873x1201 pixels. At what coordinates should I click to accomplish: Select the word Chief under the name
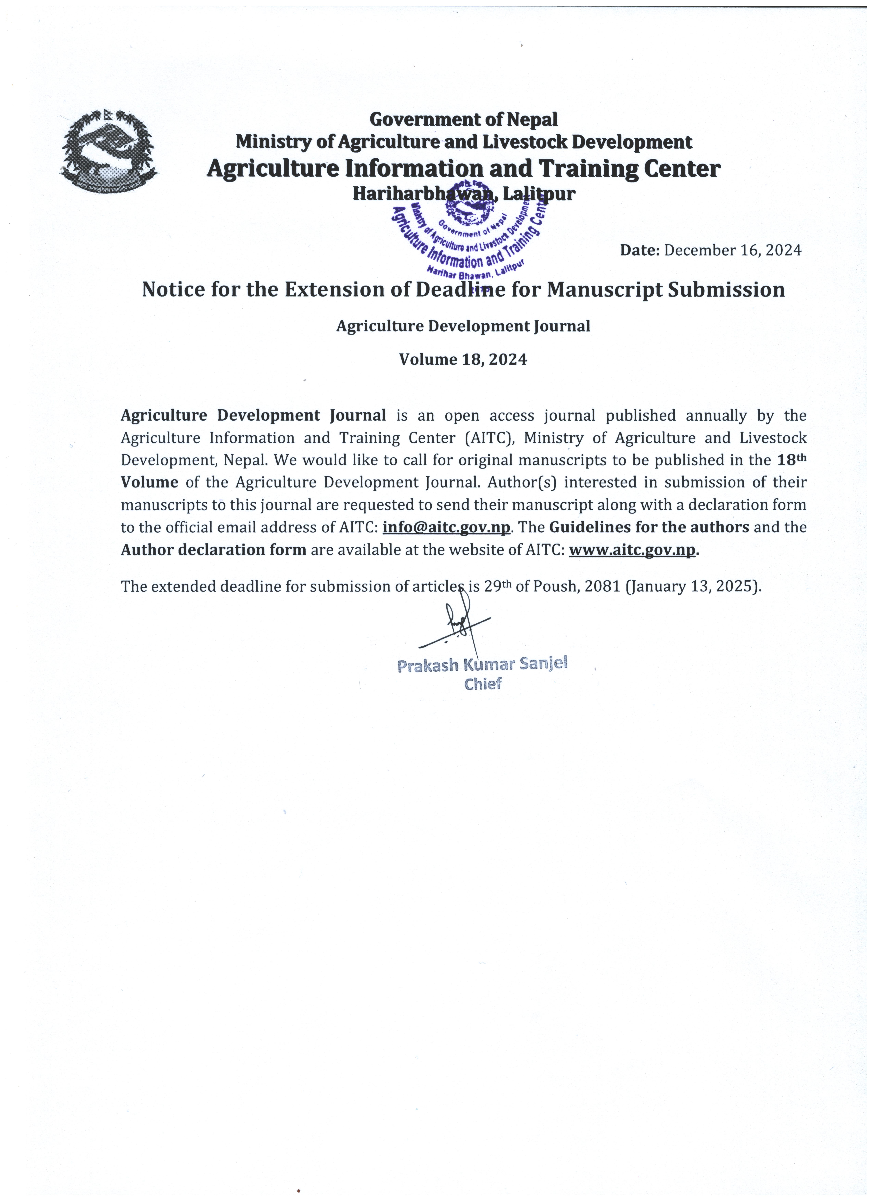[x=482, y=684]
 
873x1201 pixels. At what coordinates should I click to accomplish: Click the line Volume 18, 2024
[x=463, y=360]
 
